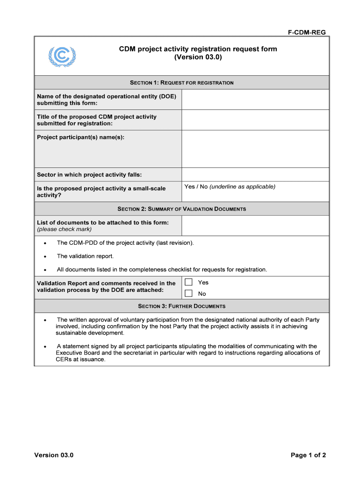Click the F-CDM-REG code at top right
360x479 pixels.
306,32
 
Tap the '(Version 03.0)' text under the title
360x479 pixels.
198,58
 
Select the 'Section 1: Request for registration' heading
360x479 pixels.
181,83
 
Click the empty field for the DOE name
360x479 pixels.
255,100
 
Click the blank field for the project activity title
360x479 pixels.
255,120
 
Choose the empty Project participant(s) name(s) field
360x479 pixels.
255,149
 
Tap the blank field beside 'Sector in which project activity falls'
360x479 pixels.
255,174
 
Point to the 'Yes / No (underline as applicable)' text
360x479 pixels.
230,187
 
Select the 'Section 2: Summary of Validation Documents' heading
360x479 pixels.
181,209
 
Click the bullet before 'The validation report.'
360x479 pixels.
44,257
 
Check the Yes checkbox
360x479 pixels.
188,282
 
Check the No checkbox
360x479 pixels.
188,294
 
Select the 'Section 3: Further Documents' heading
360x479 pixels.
181,306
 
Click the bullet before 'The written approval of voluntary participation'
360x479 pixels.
44,320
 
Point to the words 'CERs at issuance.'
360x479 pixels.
80,360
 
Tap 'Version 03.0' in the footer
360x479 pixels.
54,455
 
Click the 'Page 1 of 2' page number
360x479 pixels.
308,455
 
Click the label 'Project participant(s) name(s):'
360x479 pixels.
80,137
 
